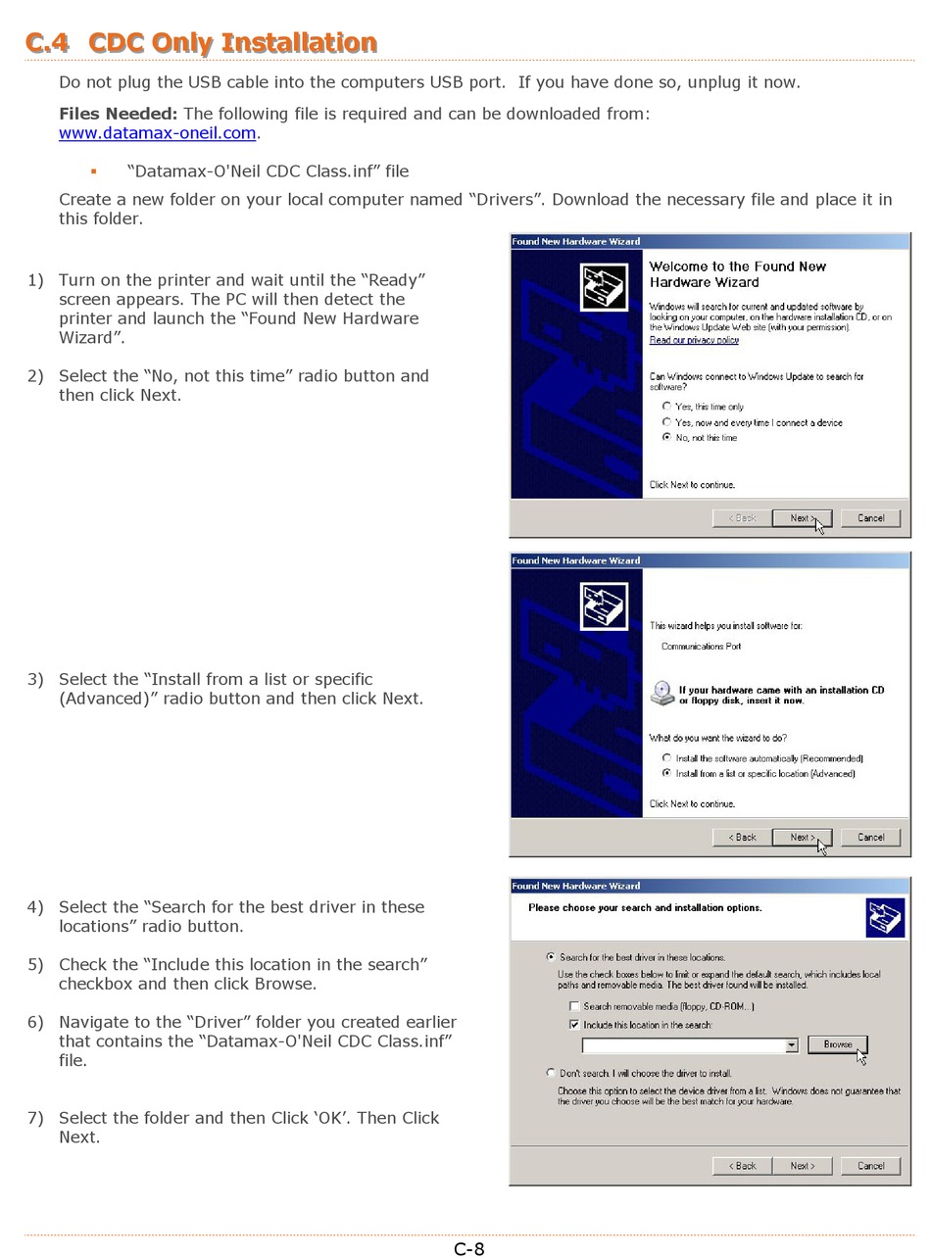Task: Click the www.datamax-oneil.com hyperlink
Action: (157, 132)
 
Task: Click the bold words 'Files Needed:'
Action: (118, 113)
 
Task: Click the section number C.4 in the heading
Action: (47, 42)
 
